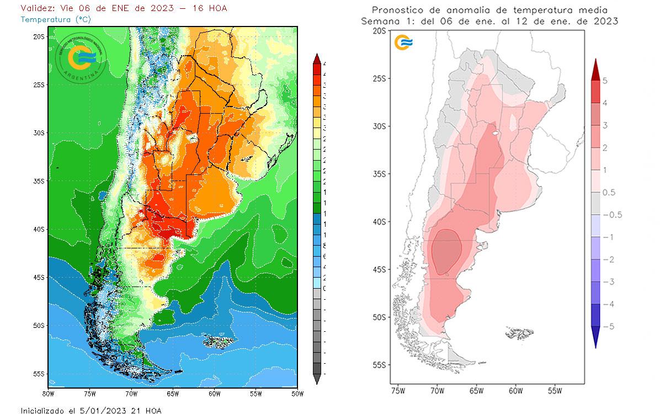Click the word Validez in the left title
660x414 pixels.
(36, 8)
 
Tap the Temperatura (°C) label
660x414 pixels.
(55, 19)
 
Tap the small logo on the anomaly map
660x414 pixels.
(404, 42)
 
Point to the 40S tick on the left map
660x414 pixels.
(39, 229)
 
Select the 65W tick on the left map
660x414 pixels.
(173, 394)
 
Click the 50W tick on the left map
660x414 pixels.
(297, 394)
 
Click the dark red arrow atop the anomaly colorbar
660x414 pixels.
(596, 69)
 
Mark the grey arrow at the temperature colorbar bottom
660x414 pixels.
(316, 379)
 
